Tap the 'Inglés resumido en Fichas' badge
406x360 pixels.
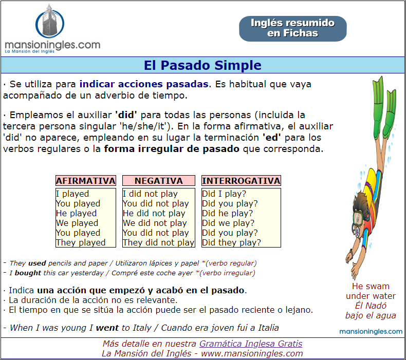(x=292, y=28)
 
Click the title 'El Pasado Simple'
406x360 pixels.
(x=202, y=65)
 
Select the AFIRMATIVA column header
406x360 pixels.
(x=86, y=181)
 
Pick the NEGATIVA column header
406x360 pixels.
(x=159, y=181)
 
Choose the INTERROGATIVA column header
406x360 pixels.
(x=241, y=181)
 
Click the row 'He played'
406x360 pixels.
(x=77, y=213)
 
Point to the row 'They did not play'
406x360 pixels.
(x=158, y=242)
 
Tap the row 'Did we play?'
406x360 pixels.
(x=228, y=223)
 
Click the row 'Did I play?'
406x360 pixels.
(x=224, y=194)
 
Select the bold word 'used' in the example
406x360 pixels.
(x=37, y=263)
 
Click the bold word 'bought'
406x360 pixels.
(x=28, y=273)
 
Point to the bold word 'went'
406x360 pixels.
(x=107, y=328)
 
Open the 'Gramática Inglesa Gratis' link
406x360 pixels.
(x=251, y=344)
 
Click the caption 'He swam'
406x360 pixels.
(x=371, y=286)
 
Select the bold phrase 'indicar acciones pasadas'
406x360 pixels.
(x=144, y=84)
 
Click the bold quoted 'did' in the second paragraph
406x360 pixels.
(x=126, y=115)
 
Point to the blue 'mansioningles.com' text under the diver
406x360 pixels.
(x=371, y=332)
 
